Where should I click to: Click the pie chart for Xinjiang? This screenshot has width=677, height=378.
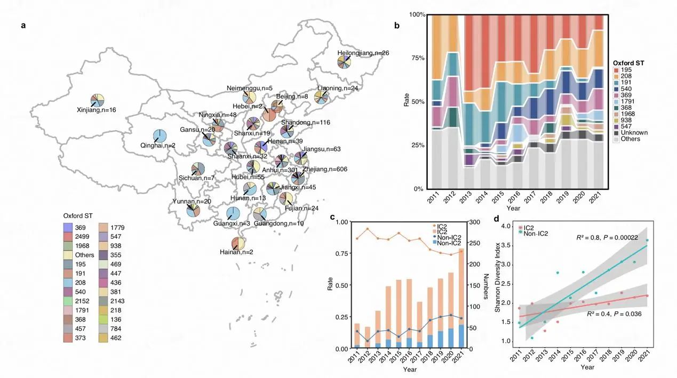pyautogui.click(x=97, y=100)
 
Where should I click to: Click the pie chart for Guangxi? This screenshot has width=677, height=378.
pyautogui.click(x=233, y=213)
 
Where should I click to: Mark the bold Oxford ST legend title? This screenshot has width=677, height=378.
pyautogui.click(x=628, y=63)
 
